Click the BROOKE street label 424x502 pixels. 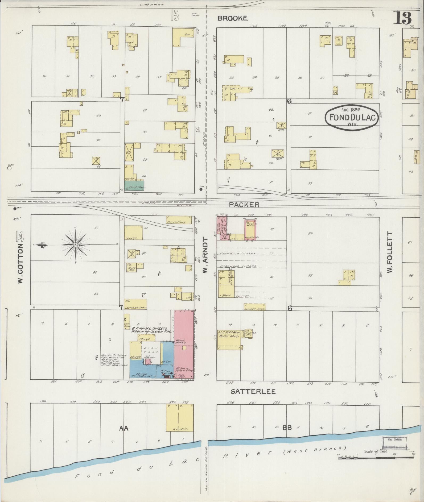coord(233,18)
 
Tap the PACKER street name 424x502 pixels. coord(244,204)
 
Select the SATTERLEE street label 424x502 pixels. coord(253,392)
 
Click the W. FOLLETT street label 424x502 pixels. coord(390,252)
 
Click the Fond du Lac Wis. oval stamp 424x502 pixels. coord(351,118)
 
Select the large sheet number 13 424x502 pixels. coord(403,18)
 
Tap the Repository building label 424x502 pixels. coord(179,221)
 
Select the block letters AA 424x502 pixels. coord(124,428)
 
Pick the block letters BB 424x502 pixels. coord(287,428)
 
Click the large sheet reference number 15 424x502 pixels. coord(175,17)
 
